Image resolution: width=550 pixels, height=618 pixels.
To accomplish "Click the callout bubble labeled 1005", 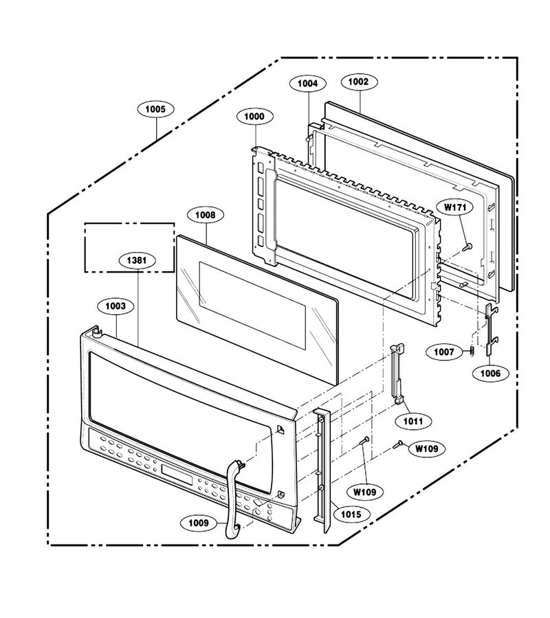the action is pos(155,109).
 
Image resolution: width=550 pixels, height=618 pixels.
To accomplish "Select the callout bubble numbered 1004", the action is pos(307,84).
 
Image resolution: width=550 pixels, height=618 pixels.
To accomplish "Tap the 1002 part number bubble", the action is pos(358,82).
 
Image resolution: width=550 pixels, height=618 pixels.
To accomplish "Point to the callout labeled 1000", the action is pos(255,116).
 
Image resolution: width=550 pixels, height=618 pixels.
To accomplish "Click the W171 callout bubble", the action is pos(456,207).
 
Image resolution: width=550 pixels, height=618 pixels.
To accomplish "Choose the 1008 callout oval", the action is pos(206,215).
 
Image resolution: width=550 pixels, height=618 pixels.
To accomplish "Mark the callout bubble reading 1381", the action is pos(137,260).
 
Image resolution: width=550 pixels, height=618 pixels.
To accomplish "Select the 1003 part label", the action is pos(115,306).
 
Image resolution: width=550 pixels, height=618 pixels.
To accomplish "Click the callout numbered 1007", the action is pos(444,352).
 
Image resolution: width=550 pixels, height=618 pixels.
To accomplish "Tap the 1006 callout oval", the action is pos(490,374).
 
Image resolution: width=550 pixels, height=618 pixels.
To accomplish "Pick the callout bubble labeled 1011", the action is pos(413,422).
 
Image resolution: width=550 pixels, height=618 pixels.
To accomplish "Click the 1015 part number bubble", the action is pos(351,514).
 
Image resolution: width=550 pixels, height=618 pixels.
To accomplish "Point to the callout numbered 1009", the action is pos(199,523).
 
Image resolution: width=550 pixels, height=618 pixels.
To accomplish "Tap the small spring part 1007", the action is pos(472,350).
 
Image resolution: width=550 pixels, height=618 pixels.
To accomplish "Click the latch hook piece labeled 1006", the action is pos(490,328).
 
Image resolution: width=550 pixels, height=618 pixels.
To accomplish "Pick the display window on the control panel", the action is pos(177,474).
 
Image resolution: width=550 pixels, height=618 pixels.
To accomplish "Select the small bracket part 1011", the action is pos(397,374).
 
